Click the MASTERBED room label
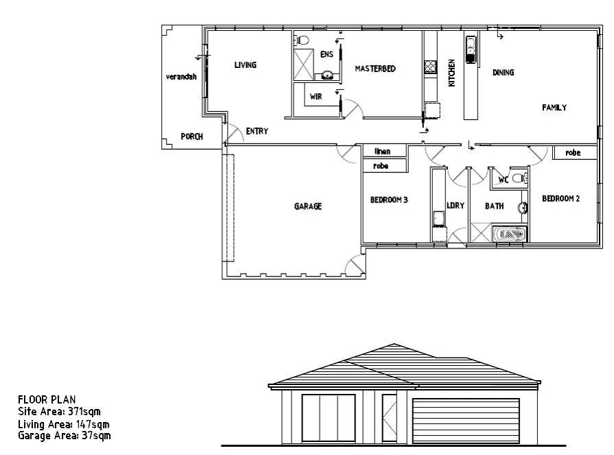pos(375,69)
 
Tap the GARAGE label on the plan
pos(308,207)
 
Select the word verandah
pos(180,77)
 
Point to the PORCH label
pos(191,137)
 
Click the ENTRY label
pos(257,132)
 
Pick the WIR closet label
pos(316,97)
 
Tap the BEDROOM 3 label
pos(389,200)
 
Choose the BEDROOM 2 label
pos(560,199)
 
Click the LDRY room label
pos(456,206)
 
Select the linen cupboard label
pos(383,152)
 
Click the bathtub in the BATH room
pos(510,235)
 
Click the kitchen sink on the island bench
pos(471,47)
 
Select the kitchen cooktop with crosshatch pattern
pos(430,67)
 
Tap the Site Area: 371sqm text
pos(59,412)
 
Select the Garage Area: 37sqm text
pos(64,435)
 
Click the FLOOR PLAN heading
pos(47,400)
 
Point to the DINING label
pos(503,73)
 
